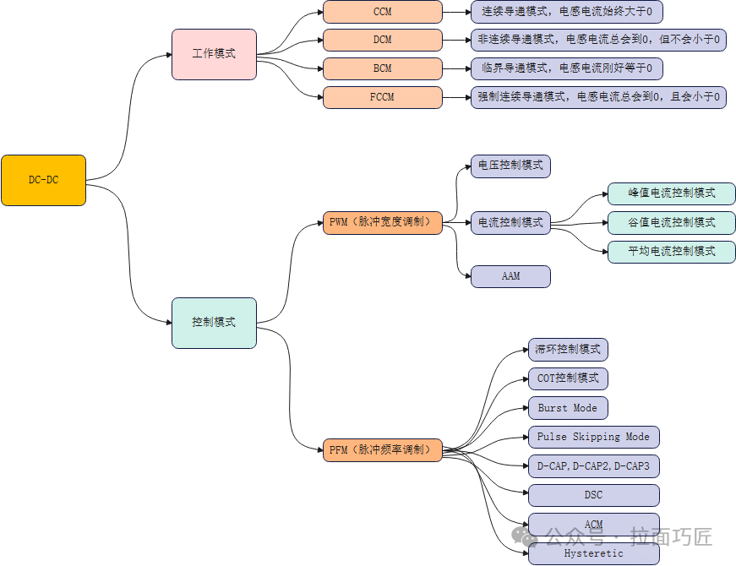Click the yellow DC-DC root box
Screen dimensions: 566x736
(x=43, y=180)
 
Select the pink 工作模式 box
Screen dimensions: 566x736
(x=214, y=54)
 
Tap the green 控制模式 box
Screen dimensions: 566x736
(x=214, y=323)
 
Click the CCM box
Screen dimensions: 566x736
(x=383, y=12)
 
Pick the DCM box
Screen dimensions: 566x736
(x=383, y=40)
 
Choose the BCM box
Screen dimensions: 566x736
(x=383, y=68)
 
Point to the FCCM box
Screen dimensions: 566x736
(x=383, y=97)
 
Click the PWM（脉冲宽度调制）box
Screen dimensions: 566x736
(x=383, y=222)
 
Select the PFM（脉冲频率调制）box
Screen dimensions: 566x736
(x=383, y=450)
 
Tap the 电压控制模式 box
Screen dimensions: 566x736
(x=510, y=166)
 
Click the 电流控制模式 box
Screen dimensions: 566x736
(x=510, y=222)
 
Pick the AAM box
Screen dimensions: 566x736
(x=510, y=276)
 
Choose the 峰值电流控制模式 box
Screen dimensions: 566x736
(x=672, y=193)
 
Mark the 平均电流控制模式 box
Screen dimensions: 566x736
(x=672, y=251)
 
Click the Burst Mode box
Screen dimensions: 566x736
(x=568, y=408)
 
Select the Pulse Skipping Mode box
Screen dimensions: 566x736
(x=593, y=437)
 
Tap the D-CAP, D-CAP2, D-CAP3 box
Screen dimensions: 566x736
(x=593, y=465)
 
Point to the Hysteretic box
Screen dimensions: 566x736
(x=593, y=554)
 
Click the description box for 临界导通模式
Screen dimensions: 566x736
(x=566, y=68)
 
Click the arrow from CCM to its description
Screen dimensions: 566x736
(x=456, y=12)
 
